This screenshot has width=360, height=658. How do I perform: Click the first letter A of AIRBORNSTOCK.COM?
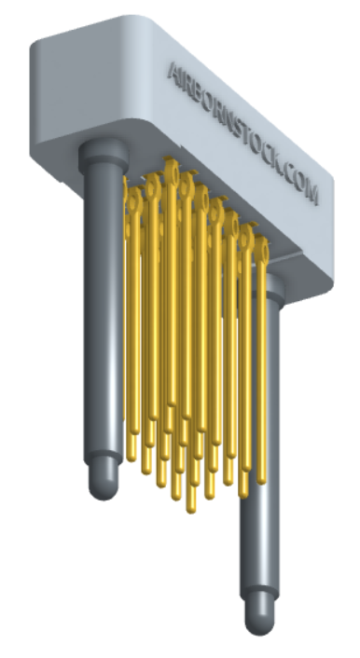coord(173,72)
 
